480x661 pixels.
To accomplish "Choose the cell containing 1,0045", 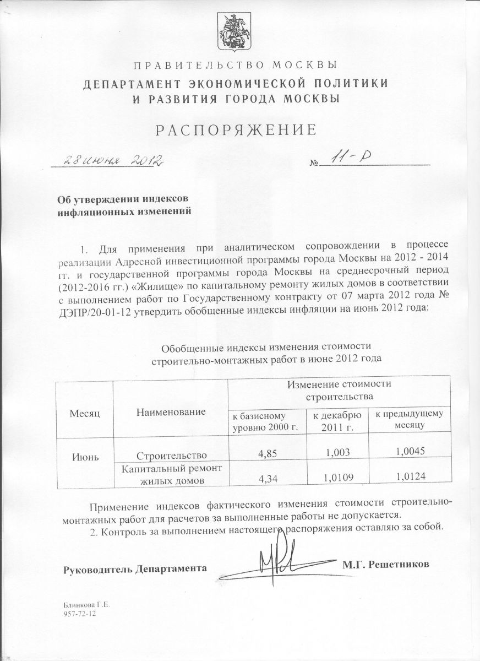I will click(x=407, y=451).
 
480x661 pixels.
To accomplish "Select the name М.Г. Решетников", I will click(x=385, y=565).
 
